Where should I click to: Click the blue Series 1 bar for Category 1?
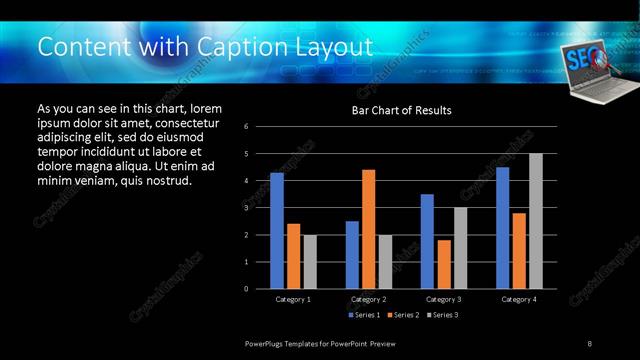276,231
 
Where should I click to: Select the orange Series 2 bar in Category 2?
368,229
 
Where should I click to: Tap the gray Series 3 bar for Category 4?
535,221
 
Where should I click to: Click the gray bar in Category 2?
385,262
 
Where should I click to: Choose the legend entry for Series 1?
365,315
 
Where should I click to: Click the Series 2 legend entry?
403,315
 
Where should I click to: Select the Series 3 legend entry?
443,315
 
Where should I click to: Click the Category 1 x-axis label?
293,299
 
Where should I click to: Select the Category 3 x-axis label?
443,299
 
